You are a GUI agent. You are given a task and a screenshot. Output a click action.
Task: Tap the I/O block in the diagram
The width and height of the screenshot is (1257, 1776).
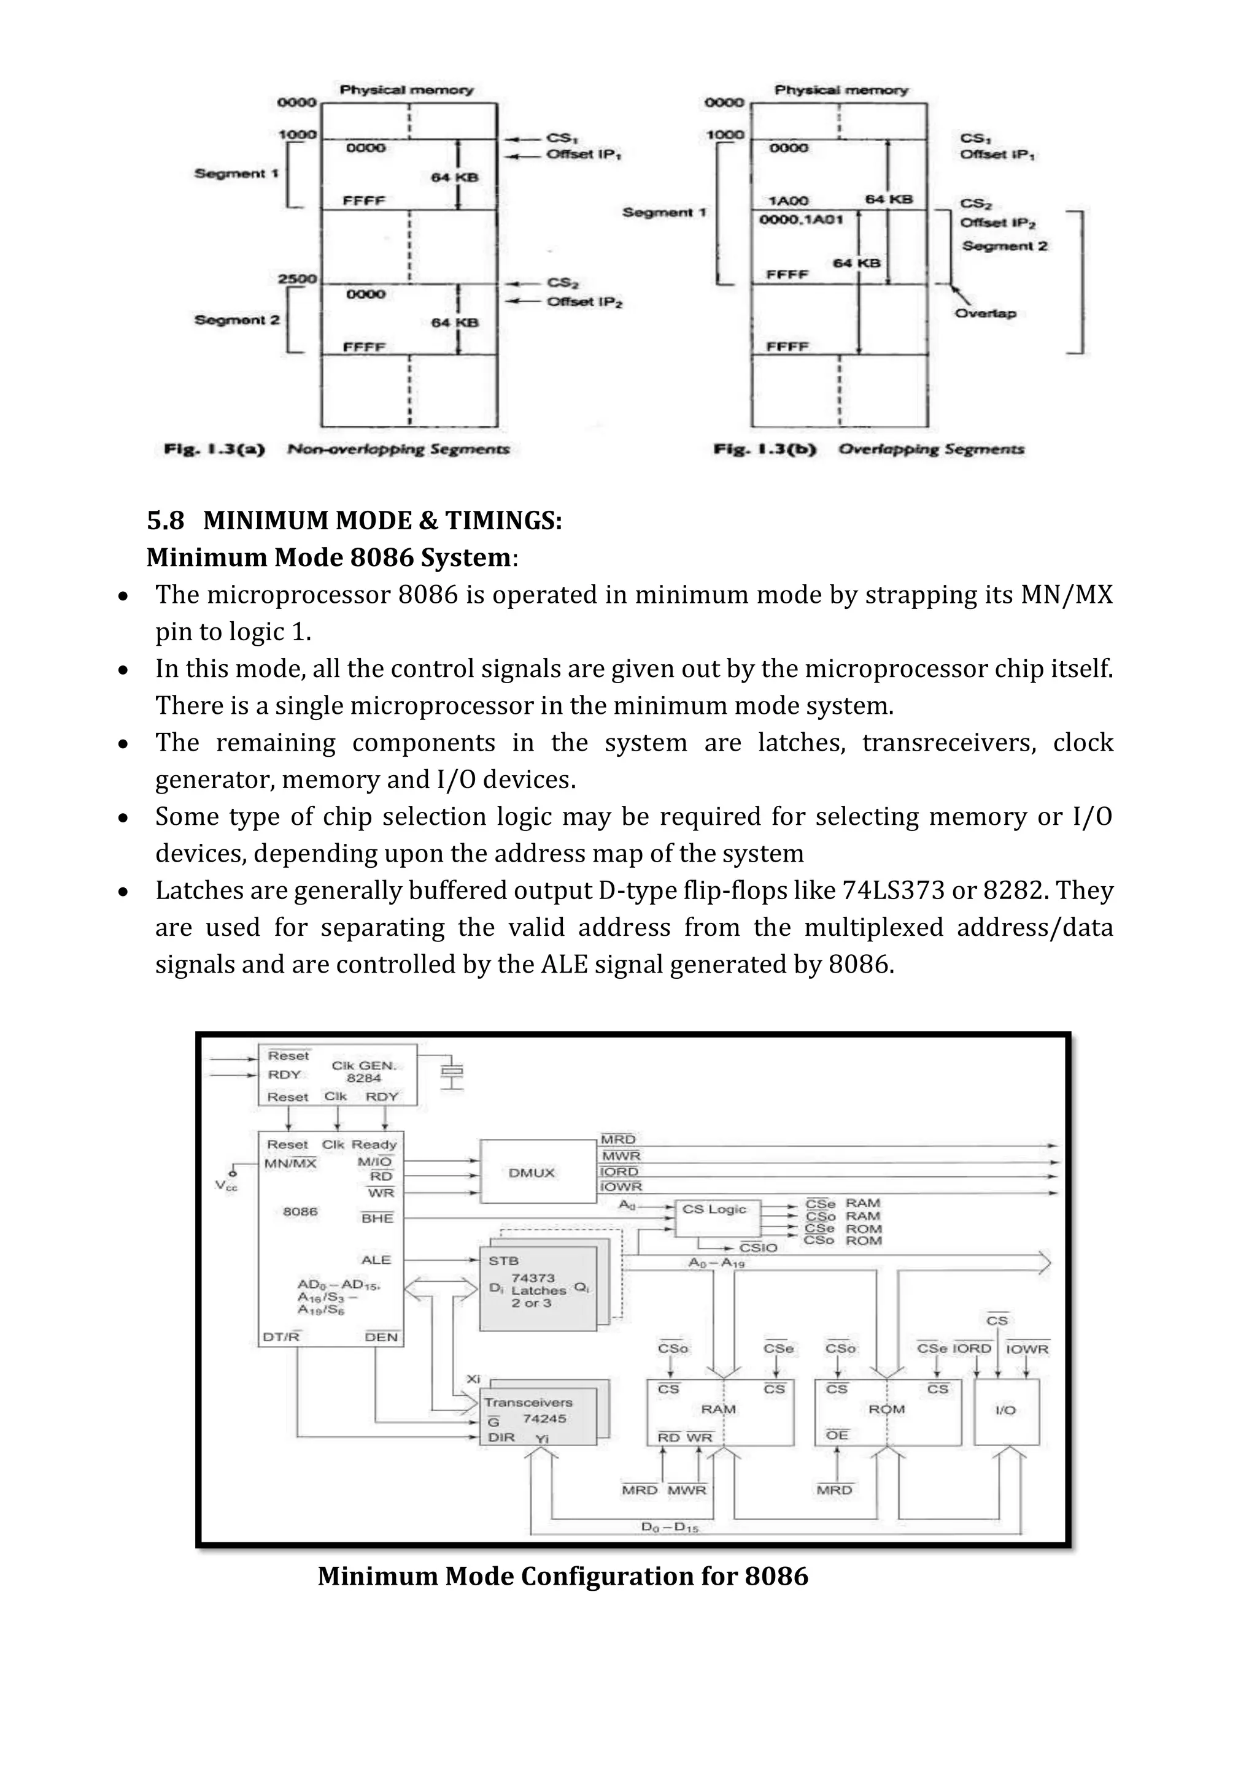pos(1005,1410)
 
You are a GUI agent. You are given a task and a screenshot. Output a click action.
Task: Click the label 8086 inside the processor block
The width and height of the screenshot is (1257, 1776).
pos(300,1211)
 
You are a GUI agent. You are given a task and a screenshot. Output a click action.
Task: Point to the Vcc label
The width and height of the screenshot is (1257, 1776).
pos(226,1186)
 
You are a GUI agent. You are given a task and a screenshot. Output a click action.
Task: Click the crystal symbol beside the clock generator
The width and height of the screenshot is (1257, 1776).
pos(452,1072)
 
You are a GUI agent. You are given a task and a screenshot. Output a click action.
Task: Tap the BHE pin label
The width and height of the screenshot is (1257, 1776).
pos(377,1219)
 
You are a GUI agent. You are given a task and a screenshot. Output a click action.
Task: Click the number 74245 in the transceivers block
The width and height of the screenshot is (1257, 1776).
pos(544,1418)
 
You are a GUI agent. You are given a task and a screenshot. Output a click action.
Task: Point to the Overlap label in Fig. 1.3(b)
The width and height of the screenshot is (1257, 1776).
pos(984,313)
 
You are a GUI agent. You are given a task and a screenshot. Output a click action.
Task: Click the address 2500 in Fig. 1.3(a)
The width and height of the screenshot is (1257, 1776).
pos(297,278)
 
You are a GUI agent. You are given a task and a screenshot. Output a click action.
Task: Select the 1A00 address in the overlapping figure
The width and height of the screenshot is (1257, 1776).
pos(788,201)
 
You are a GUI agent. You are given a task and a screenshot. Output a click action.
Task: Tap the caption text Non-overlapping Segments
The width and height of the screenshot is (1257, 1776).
pos(398,450)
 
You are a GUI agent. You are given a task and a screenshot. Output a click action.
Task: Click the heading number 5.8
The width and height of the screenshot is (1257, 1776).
pos(166,521)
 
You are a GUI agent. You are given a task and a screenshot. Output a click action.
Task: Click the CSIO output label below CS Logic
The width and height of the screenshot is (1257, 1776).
pos(758,1248)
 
